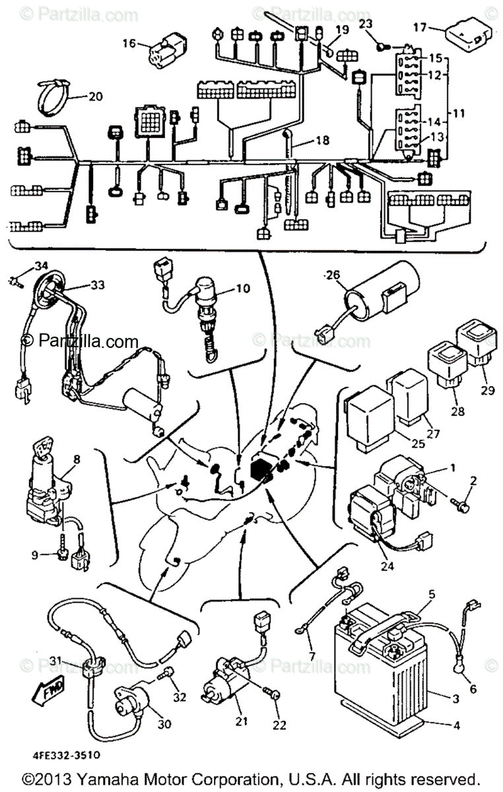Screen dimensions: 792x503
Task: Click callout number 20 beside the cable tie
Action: (95, 96)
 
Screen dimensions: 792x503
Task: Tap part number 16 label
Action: (129, 44)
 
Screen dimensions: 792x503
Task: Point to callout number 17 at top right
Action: (420, 27)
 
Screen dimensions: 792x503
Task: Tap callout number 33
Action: (98, 286)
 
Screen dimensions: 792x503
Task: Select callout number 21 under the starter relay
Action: (242, 721)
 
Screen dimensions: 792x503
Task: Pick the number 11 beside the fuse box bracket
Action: (459, 114)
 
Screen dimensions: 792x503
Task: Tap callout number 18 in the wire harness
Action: (321, 141)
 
